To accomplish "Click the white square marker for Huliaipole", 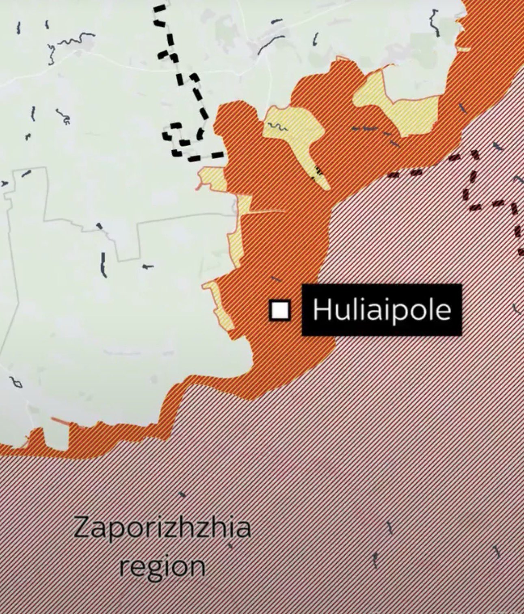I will tap(280, 310).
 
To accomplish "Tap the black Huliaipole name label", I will tap(381, 310).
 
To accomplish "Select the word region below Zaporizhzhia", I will tap(162, 566).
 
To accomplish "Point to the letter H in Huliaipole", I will tap(320, 310).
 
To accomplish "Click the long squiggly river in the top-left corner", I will tap(69, 43).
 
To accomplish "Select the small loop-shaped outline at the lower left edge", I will tap(16, 383).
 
